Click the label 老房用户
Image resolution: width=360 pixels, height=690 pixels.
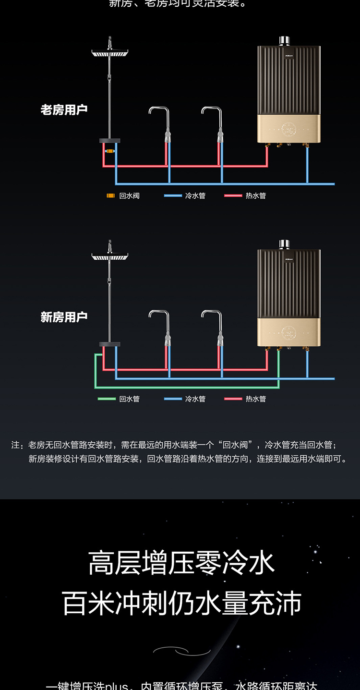pyautogui.click(x=64, y=109)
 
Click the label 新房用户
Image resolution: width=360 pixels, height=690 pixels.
pyautogui.click(x=64, y=317)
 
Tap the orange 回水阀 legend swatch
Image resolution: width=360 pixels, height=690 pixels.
pyautogui.click(x=110, y=196)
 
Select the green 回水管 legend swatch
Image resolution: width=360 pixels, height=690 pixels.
pyautogui.click(x=107, y=399)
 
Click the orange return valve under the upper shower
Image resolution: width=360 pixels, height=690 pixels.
pyautogui.click(x=110, y=151)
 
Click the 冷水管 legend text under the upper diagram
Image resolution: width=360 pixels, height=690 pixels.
pyautogui.click(x=195, y=196)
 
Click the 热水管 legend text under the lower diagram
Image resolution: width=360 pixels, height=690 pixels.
pyautogui.click(x=255, y=399)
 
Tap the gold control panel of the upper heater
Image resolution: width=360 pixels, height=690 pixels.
pyautogui.click(x=288, y=129)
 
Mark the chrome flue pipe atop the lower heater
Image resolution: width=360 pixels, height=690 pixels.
pyautogui.click(x=285, y=244)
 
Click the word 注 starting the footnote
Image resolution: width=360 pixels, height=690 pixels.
pyautogui.click(x=15, y=445)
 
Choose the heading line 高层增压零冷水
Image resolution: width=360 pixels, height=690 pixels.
pyautogui.click(x=181, y=563)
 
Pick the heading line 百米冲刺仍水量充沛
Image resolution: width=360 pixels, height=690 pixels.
pyautogui.click(x=181, y=603)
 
